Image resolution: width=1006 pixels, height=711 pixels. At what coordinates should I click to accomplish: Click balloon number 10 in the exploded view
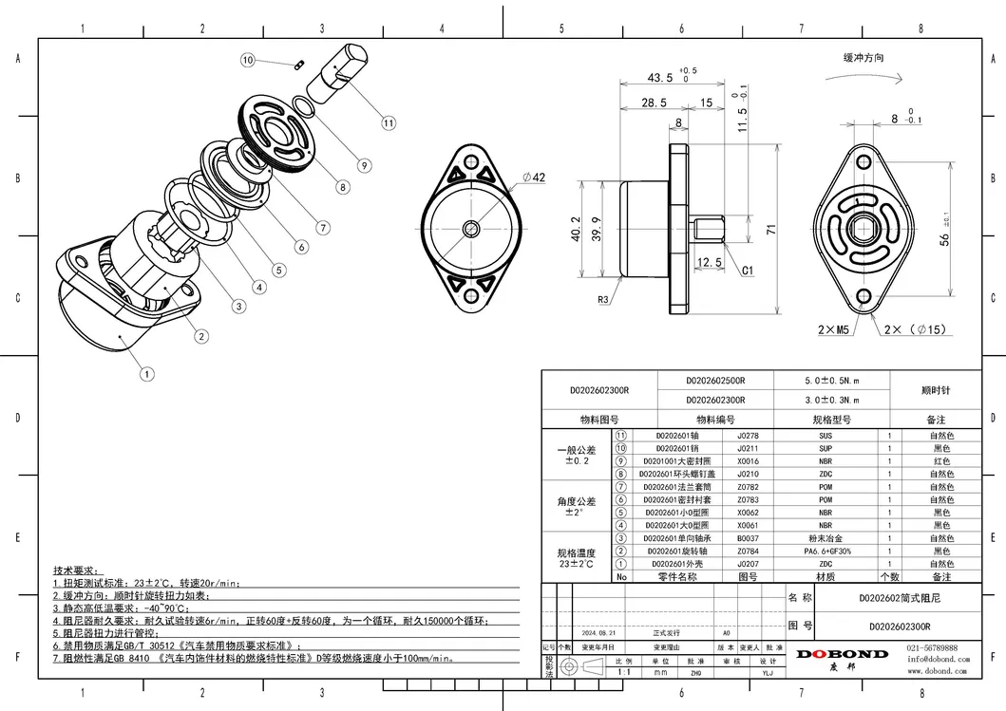tap(249, 60)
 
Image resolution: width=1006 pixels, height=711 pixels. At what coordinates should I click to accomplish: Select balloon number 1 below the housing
tap(147, 374)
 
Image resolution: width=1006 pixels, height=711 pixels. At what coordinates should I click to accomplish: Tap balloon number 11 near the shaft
tap(389, 122)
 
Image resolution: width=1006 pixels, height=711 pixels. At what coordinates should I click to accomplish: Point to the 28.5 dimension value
tap(654, 103)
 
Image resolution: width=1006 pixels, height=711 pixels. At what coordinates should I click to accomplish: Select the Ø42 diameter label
tap(533, 178)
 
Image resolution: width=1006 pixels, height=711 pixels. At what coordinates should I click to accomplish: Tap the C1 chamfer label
tap(748, 271)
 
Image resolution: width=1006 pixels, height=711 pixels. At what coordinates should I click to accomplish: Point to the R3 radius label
tap(603, 300)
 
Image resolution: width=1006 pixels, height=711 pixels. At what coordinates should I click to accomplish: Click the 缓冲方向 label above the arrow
tap(864, 58)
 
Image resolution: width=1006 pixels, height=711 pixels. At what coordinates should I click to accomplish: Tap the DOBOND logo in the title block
tap(842, 654)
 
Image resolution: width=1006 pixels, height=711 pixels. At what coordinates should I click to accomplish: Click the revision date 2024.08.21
tap(599, 631)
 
